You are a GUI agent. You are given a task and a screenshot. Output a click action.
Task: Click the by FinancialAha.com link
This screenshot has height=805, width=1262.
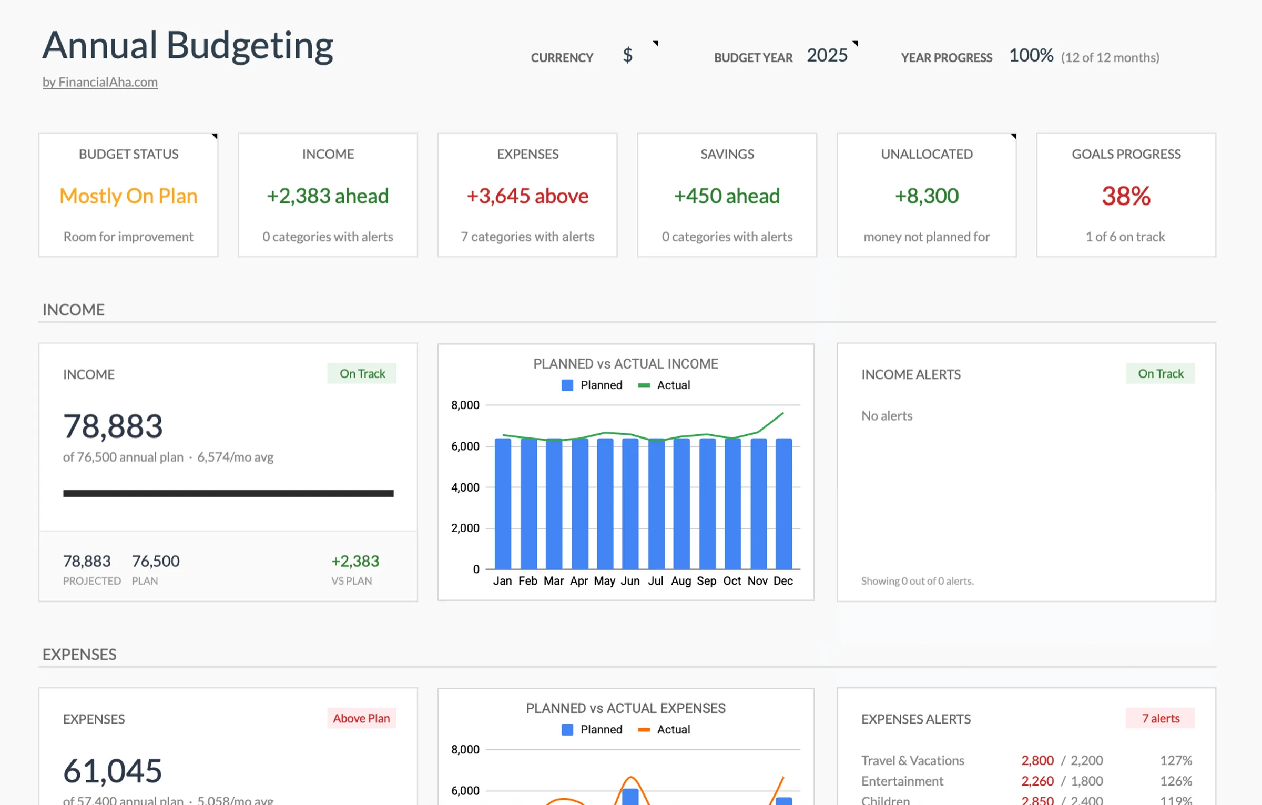click(x=100, y=82)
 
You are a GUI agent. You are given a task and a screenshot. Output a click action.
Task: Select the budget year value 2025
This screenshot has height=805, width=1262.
click(x=827, y=55)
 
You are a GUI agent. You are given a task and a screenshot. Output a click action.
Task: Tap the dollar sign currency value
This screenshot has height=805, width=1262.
click(x=627, y=55)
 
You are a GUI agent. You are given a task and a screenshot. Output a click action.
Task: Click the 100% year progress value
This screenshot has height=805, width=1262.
click(x=1031, y=55)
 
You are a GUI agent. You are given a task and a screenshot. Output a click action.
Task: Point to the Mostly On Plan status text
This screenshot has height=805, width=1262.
click(x=128, y=196)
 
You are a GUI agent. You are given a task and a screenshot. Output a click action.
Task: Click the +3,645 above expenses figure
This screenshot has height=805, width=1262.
click(x=527, y=196)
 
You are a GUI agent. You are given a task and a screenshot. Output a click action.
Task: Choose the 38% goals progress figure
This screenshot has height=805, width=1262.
click(x=1126, y=196)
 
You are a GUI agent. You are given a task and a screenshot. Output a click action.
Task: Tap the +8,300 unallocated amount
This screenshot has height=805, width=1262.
click(x=927, y=196)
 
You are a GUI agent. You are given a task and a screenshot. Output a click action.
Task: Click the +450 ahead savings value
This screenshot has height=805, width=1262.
click(x=727, y=196)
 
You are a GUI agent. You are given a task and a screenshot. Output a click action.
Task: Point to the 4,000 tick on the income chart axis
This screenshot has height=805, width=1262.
click(x=465, y=487)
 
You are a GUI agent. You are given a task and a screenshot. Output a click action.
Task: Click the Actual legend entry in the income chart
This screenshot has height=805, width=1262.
click(x=665, y=385)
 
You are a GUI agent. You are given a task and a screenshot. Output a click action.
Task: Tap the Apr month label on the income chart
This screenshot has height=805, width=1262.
click(x=579, y=581)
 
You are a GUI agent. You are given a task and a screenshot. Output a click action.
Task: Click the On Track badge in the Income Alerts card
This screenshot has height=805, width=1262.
click(x=1160, y=374)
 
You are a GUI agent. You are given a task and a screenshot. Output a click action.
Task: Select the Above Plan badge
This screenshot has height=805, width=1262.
click(x=361, y=718)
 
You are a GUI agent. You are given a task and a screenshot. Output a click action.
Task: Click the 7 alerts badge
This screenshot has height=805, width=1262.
click(x=1160, y=718)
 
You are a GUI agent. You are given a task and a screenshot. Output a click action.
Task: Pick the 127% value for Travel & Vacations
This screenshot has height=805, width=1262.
click(x=1176, y=760)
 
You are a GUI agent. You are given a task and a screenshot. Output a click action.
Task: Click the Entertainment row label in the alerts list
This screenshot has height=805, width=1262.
click(x=902, y=781)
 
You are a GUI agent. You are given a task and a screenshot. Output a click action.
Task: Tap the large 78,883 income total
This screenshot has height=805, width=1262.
click(x=113, y=426)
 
